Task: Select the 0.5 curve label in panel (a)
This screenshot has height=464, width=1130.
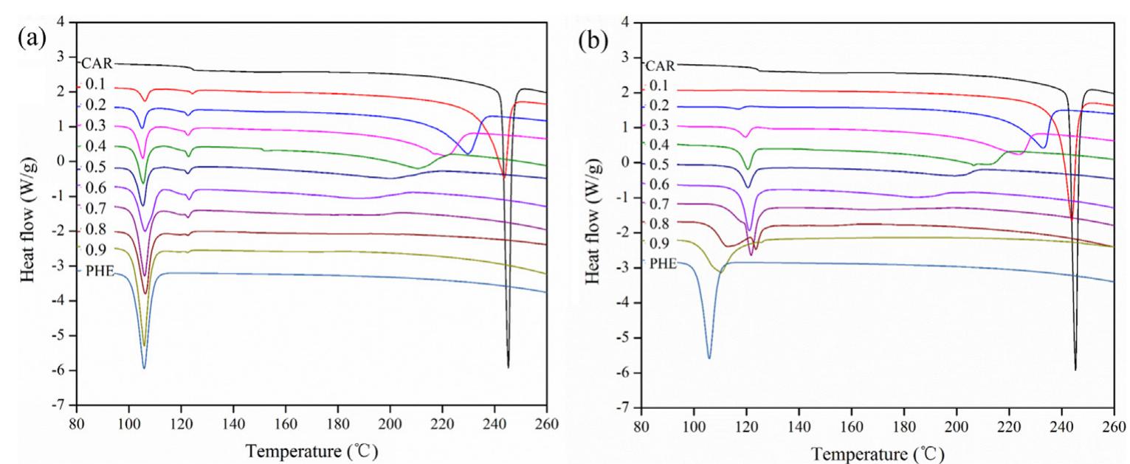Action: [x=94, y=167]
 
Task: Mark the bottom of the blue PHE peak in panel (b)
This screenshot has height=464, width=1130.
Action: [x=709, y=358]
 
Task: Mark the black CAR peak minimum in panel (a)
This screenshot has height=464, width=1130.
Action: [x=508, y=367]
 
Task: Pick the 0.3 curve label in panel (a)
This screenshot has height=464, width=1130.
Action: [x=94, y=127]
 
